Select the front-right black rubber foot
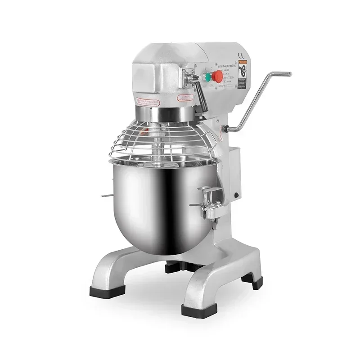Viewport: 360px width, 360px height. (x=195, y=310)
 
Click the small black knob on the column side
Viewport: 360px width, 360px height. (x=236, y=195)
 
